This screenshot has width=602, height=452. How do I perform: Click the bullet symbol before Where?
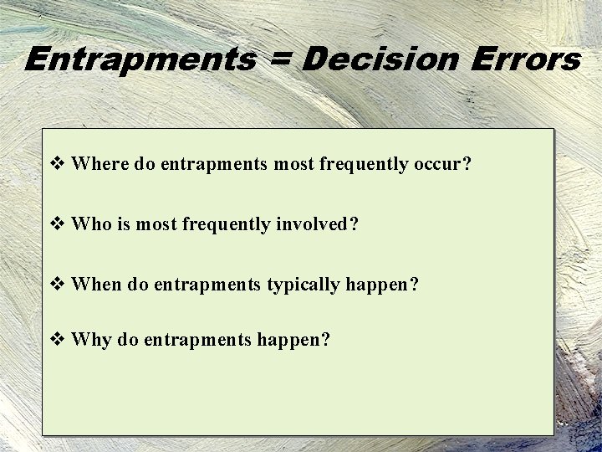[x=59, y=163]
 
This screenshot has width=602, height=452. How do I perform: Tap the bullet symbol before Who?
[x=59, y=223]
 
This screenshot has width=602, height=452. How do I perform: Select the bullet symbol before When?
[x=59, y=285]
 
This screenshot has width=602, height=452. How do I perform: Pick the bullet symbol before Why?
[x=59, y=341]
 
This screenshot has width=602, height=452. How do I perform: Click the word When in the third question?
[x=98, y=285]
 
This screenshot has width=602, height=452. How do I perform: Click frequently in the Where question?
[x=364, y=164]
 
